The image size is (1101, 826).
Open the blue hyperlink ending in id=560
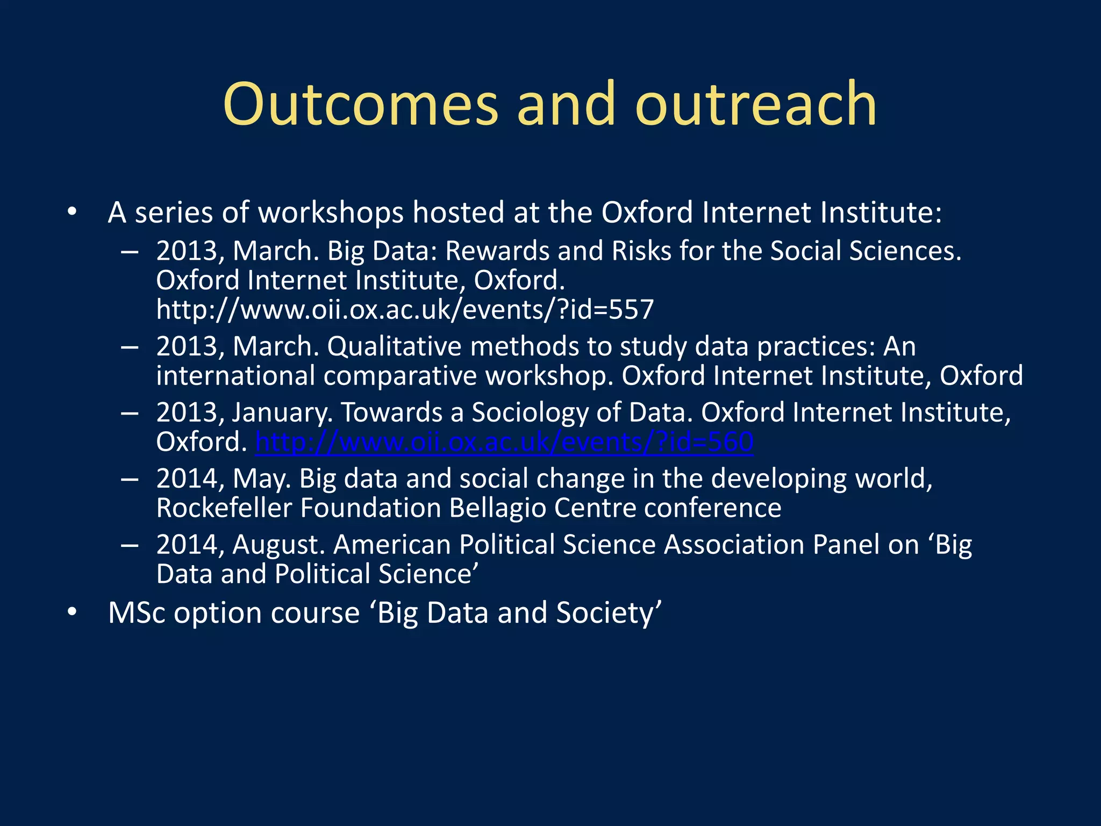(x=504, y=442)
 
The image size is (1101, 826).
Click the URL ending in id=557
(x=405, y=310)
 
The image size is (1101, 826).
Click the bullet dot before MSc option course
(x=73, y=613)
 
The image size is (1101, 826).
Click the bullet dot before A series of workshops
(x=73, y=212)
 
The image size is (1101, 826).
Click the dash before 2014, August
(x=130, y=545)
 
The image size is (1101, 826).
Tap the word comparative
(x=400, y=376)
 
